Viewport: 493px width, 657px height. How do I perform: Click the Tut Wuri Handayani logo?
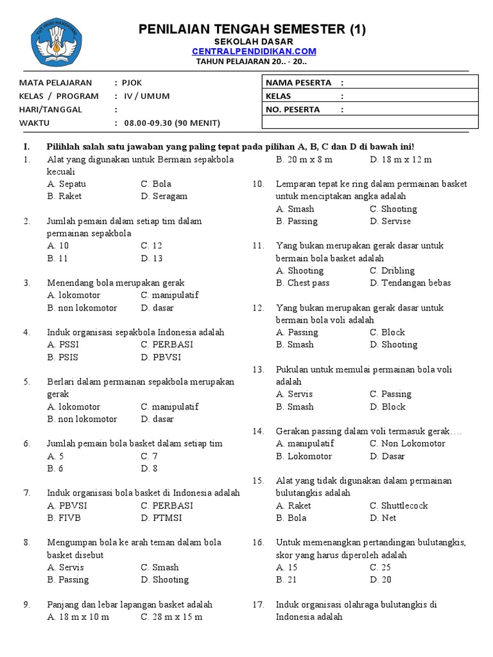58,42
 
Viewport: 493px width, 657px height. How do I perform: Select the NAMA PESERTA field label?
298,82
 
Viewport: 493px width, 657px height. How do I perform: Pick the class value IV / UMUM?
147,96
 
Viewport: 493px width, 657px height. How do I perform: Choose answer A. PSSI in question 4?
63,345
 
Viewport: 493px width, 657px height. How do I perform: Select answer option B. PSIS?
63,357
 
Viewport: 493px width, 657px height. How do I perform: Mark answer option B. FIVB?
64,518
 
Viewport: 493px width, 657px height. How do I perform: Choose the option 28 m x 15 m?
171,617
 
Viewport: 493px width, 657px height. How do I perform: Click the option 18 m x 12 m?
401,159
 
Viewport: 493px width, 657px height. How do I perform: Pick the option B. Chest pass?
302,283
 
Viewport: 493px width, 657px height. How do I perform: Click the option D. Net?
383,518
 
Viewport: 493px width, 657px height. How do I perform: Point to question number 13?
258,370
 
